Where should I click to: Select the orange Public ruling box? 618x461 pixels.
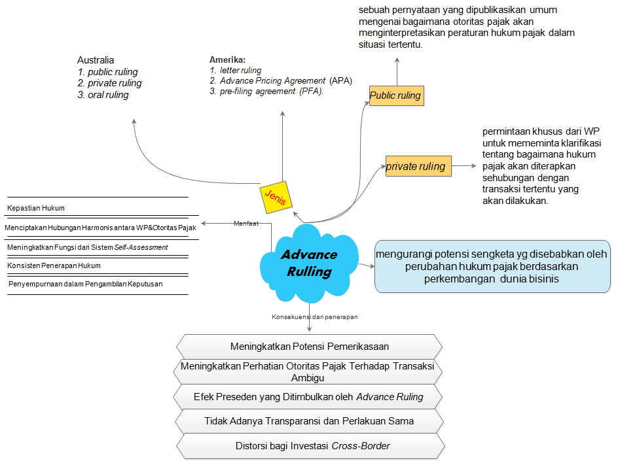pos(395,95)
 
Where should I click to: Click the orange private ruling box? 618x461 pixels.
pos(416,166)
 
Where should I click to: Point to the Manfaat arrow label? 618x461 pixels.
pos(245,224)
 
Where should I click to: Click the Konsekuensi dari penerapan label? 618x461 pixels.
pos(314,316)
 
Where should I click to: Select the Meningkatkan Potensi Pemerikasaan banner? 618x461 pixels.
pos(310,347)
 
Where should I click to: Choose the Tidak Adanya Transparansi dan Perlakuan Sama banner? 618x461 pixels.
pos(310,421)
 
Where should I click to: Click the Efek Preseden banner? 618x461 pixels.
pos(310,396)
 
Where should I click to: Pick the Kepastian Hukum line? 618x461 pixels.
pos(36,208)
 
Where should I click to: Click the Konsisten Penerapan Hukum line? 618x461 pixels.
pos(54,265)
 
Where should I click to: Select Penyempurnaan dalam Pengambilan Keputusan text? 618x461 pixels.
pos(86,284)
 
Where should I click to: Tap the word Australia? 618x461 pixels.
pos(96,60)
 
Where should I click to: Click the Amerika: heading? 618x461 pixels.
pos(227,60)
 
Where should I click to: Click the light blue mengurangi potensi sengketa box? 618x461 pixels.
pos(492,266)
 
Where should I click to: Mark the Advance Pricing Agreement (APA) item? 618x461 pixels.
pos(281,80)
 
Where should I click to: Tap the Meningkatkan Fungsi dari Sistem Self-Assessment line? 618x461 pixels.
pos(88,247)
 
